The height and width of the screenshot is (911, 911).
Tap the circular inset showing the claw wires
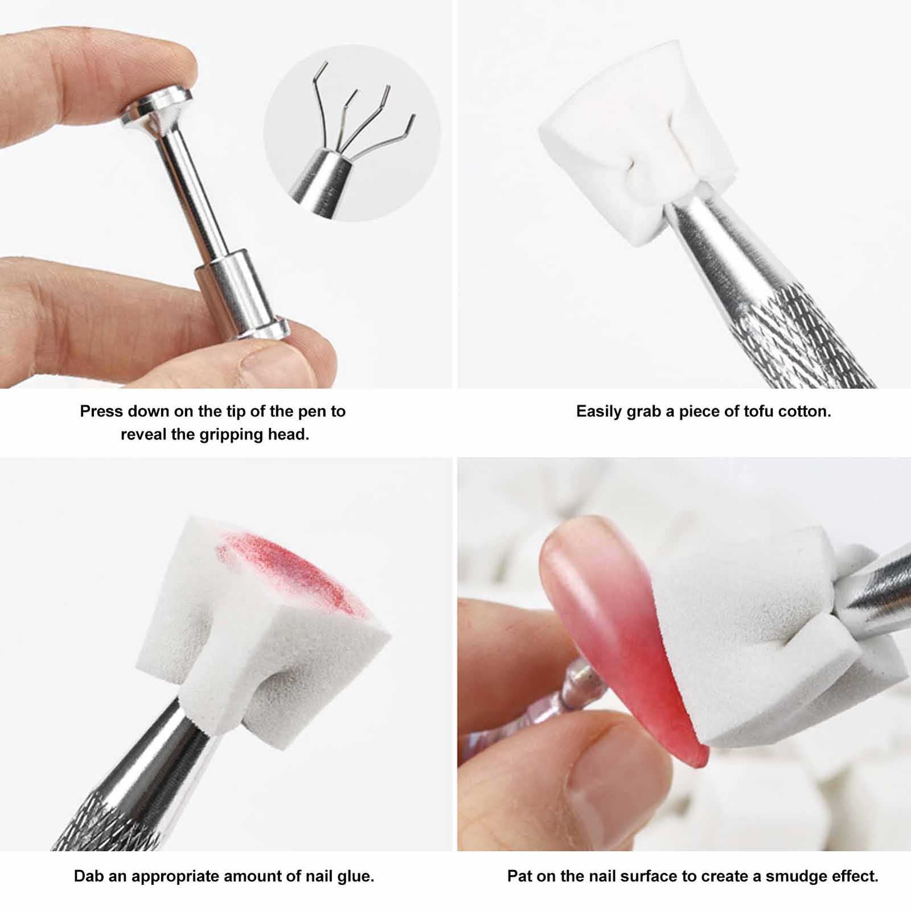(x=352, y=133)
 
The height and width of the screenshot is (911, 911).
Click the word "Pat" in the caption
(x=519, y=876)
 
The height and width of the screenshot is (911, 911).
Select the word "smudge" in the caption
(x=793, y=876)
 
